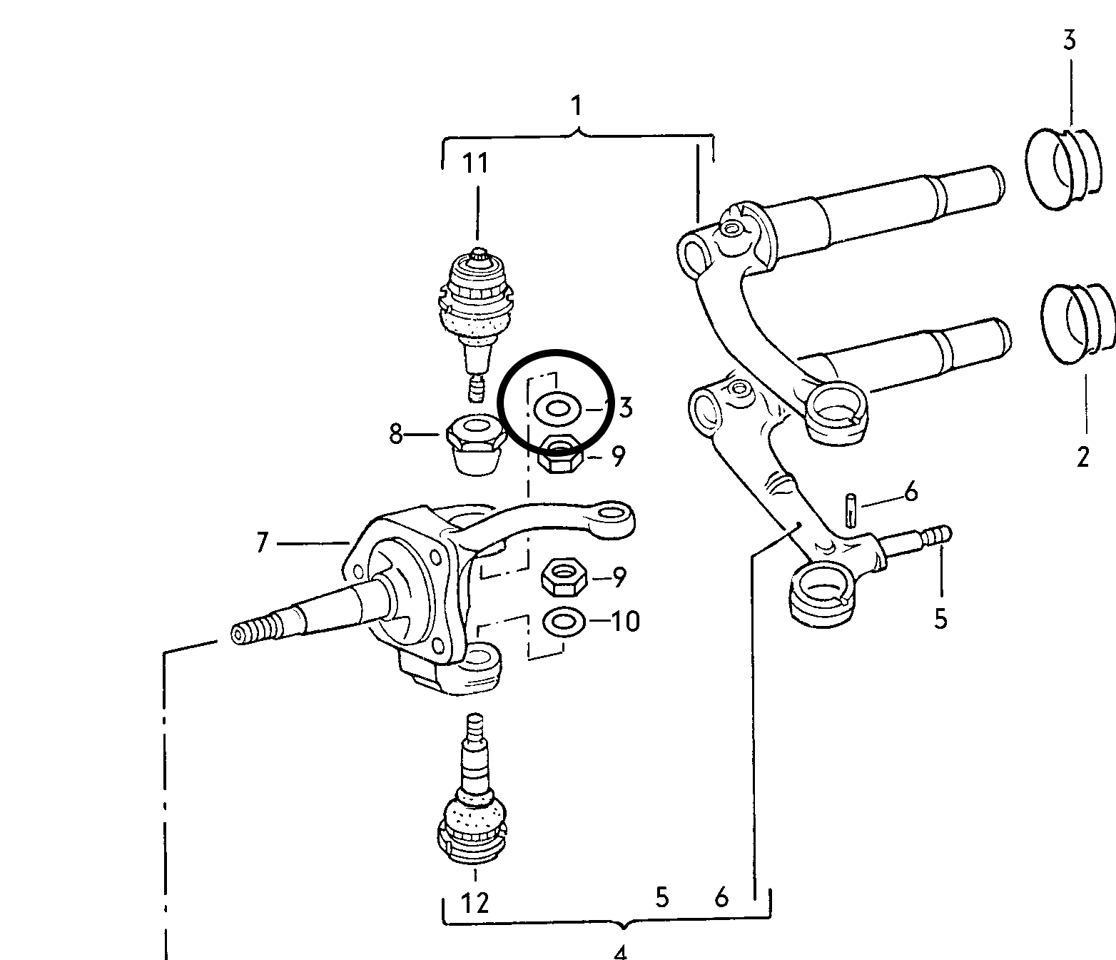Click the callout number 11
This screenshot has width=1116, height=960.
476,163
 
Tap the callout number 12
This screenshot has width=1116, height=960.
475,903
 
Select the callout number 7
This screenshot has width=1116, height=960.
262,544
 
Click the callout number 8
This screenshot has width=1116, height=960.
396,434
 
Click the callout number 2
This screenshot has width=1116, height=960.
1083,456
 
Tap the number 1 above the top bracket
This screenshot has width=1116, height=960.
576,106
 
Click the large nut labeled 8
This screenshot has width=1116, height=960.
474,443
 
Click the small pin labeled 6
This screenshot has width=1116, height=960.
851,510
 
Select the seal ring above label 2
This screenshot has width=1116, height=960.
1075,320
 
